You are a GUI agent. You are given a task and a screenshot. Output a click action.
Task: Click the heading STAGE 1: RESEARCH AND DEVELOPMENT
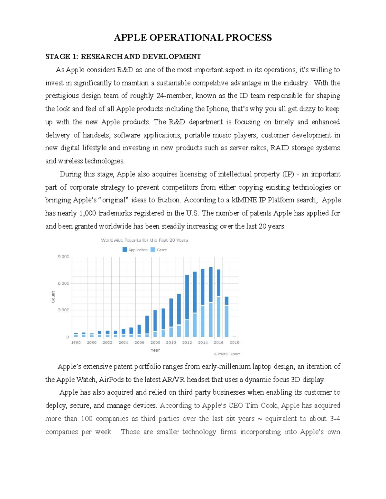(123, 57)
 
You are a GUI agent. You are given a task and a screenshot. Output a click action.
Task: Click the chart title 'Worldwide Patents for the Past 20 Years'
(144, 240)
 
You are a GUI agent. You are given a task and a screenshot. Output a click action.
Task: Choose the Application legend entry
(135, 250)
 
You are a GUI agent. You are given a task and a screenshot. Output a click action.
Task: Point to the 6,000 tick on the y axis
(63, 283)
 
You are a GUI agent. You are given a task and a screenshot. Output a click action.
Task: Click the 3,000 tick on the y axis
(63, 310)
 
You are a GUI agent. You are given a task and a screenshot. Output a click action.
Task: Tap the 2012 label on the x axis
(187, 343)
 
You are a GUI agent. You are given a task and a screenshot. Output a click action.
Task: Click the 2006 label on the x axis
(139, 343)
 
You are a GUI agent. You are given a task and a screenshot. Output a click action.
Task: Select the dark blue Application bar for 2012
(187, 297)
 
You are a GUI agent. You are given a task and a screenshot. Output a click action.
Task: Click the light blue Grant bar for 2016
(219, 316)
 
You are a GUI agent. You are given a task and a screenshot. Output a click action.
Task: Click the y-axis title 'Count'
(53, 297)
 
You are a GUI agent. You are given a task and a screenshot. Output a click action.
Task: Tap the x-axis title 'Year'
(155, 350)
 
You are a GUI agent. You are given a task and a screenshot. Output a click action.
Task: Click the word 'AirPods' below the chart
(111, 379)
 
